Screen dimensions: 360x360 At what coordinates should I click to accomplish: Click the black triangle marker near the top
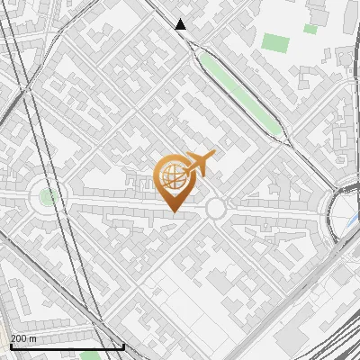tap(181, 25)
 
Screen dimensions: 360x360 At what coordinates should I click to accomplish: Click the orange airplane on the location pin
tap(200, 164)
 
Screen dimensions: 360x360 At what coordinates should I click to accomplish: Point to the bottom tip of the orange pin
tap(173, 211)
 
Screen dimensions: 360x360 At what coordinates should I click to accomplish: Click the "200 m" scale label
tap(24, 338)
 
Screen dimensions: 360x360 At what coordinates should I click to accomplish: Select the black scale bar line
tap(67, 346)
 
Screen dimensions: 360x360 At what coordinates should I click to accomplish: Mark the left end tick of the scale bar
tap(10, 345)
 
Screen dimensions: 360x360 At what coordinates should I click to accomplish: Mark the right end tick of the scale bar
tap(123, 345)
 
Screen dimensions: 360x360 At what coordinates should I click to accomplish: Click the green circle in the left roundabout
tap(47, 195)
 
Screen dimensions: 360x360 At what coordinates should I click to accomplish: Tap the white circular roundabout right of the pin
tap(215, 209)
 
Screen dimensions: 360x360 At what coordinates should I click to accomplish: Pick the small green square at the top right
tap(310, 29)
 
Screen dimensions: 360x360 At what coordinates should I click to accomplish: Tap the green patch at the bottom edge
tap(90, 355)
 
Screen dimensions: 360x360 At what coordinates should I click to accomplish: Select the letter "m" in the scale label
tap(33, 338)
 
